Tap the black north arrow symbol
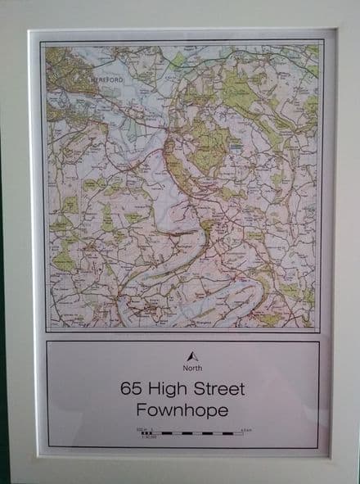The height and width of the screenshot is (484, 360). coord(191,357)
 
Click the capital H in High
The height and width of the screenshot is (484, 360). coord(159,388)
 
